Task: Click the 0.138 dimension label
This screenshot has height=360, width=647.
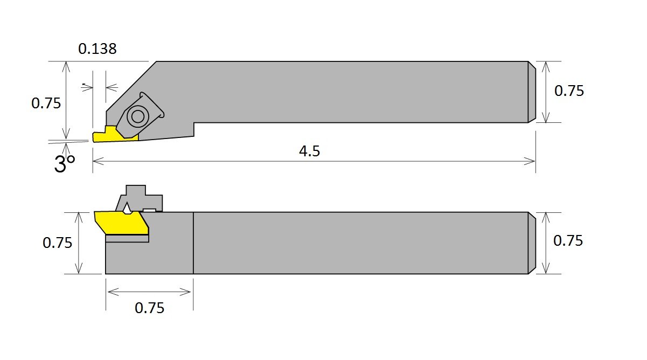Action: pyautogui.click(x=98, y=49)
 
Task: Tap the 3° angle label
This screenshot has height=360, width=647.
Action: pyautogui.click(x=65, y=163)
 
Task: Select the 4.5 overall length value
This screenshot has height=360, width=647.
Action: pyautogui.click(x=309, y=151)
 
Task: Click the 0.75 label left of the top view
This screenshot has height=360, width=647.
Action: pyautogui.click(x=46, y=103)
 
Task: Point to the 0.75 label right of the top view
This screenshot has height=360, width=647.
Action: pyautogui.click(x=569, y=91)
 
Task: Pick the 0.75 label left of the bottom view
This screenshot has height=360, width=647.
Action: pyautogui.click(x=57, y=243)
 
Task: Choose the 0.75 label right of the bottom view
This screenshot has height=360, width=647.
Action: pyautogui.click(x=568, y=241)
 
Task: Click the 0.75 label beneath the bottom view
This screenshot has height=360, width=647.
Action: pyautogui.click(x=149, y=308)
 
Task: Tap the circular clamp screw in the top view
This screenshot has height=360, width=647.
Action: pyautogui.click(x=138, y=116)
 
